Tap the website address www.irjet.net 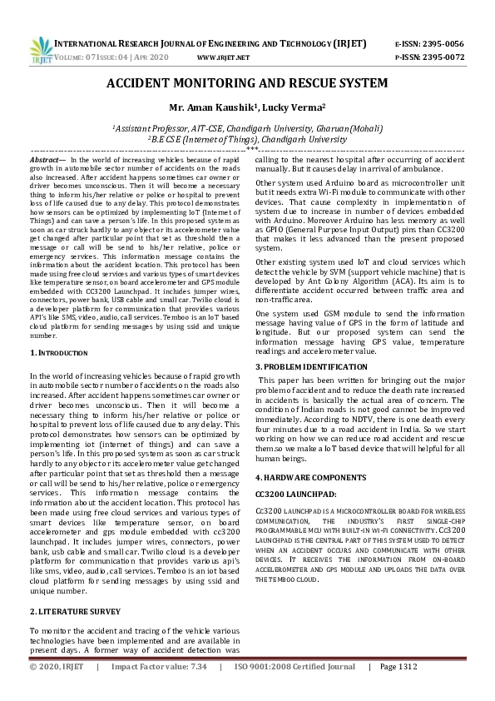[x=223, y=57]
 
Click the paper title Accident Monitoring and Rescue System [x=247, y=83]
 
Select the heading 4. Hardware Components [x=309, y=477]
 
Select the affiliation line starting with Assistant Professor [x=247, y=129]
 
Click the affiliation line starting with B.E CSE [x=247, y=140]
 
